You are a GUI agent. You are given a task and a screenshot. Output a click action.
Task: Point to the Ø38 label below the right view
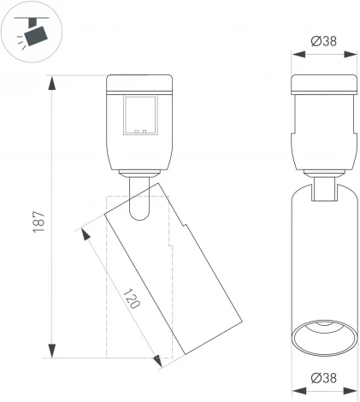click(x=323, y=377)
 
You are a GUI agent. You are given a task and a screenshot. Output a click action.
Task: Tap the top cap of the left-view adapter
click(x=140, y=85)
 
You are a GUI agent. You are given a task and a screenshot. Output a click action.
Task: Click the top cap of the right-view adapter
click(x=323, y=85)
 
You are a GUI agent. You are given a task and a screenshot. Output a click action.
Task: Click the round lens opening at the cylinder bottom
click(x=323, y=335)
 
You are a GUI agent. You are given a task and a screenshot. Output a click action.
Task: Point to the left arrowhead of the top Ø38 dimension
click(x=296, y=53)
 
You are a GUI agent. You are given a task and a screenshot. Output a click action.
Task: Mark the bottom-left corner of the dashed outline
click(x=105, y=356)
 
